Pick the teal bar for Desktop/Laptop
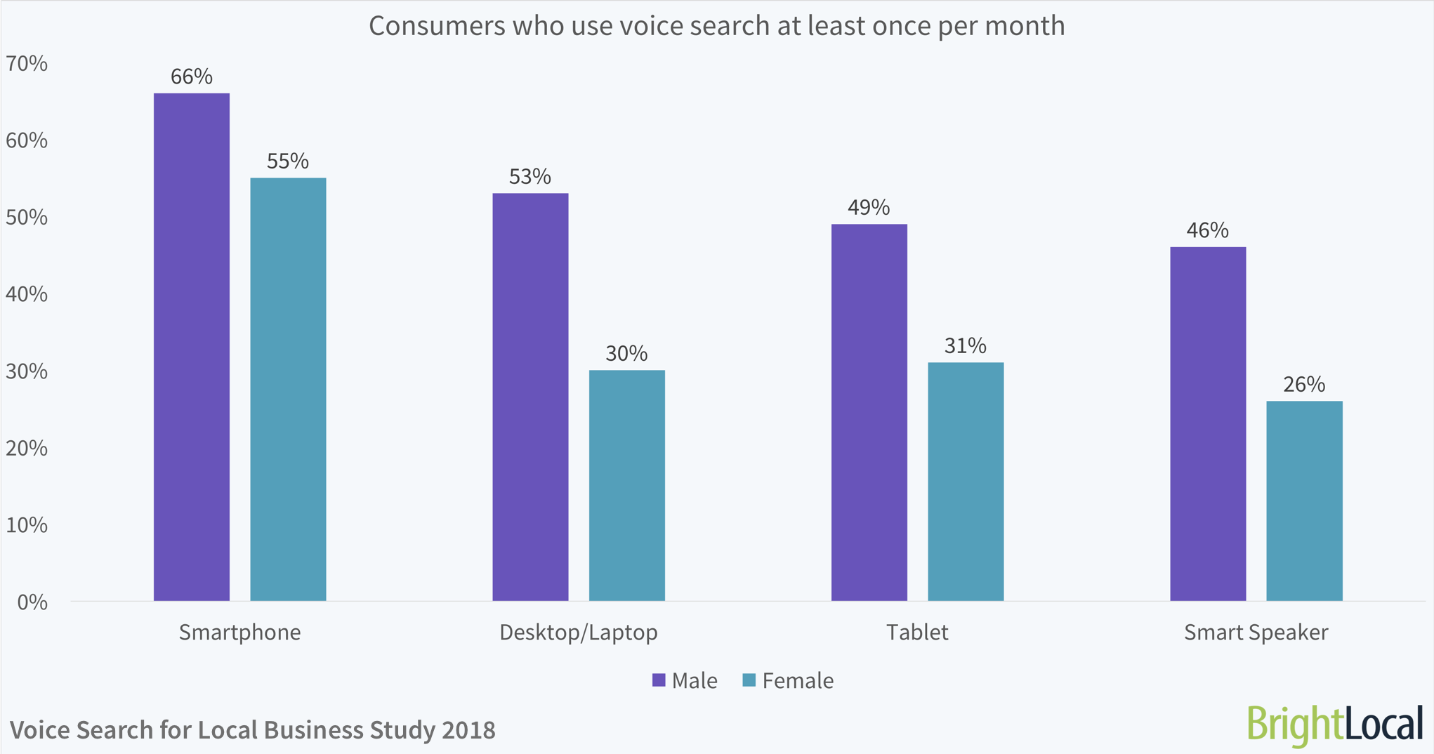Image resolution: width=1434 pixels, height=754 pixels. click(x=626, y=485)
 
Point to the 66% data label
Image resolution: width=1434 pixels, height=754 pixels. click(x=192, y=77)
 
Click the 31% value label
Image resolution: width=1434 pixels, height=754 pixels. click(x=965, y=345)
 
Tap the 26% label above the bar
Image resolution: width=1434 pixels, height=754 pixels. click(x=1304, y=384)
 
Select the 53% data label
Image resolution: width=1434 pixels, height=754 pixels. click(x=530, y=176)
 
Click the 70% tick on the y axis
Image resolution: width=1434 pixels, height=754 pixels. click(x=27, y=64)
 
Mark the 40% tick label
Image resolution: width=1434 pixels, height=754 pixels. click(x=27, y=294)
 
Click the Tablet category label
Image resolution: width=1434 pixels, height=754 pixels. click(x=916, y=632)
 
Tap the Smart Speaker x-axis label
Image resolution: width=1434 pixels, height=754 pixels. click(x=1256, y=632)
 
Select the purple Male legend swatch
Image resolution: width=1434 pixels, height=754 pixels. click(x=659, y=680)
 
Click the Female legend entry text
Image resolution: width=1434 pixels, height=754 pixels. click(x=798, y=680)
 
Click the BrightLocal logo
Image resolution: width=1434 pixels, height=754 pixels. click(x=1334, y=725)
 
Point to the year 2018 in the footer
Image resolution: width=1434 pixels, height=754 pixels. click(x=468, y=730)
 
